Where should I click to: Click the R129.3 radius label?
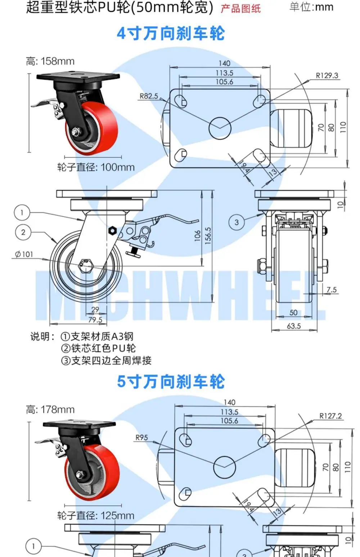tap(327, 76)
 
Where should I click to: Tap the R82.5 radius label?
tap(149, 96)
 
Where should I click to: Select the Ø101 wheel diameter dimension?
tap(24, 254)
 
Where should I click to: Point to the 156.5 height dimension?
tap(208, 236)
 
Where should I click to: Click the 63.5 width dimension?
tap(294, 326)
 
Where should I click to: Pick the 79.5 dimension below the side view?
tap(95, 320)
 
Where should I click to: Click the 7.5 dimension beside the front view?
tap(332, 290)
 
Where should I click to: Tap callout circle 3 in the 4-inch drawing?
tap(237, 222)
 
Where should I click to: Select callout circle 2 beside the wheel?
tap(23, 232)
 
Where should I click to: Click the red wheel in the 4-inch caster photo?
tap(92, 128)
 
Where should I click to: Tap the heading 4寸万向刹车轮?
tap(171, 33)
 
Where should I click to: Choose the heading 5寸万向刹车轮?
tap(171, 382)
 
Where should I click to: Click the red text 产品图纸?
tap(240, 9)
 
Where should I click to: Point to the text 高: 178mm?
tap(50, 409)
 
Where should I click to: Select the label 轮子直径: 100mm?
tap(96, 167)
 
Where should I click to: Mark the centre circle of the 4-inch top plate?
tap(220, 128)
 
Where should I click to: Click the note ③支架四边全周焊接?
tap(106, 360)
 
